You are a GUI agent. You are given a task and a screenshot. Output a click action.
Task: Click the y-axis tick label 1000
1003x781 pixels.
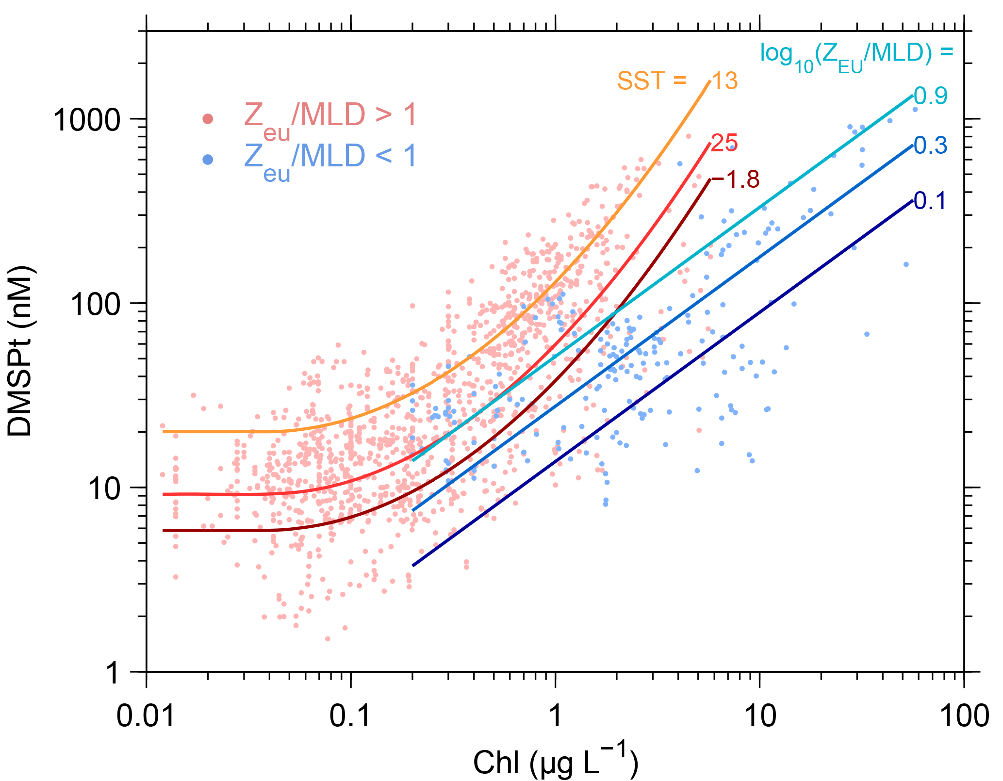pyautogui.click(x=86, y=119)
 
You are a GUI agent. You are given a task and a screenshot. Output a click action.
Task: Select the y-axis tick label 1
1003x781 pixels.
pyautogui.click(x=113, y=673)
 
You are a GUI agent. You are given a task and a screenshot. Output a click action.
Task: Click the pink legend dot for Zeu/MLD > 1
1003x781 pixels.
pyautogui.click(x=208, y=119)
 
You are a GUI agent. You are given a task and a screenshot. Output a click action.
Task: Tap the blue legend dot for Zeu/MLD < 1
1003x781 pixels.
pyautogui.click(x=208, y=160)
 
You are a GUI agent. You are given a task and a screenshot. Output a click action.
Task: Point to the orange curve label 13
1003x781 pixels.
pyautogui.click(x=724, y=81)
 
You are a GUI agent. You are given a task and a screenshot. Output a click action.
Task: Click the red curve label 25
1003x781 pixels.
pyautogui.click(x=724, y=143)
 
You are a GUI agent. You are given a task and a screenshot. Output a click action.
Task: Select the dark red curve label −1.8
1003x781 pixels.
pyautogui.click(x=735, y=179)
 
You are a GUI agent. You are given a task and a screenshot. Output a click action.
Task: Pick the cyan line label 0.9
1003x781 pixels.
pyautogui.click(x=930, y=96)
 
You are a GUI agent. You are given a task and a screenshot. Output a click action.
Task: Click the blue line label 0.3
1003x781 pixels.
pyautogui.click(x=930, y=146)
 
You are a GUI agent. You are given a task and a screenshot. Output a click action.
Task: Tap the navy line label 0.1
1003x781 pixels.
pyautogui.click(x=930, y=201)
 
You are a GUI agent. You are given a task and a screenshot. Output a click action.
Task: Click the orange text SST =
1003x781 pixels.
pyautogui.click(x=652, y=81)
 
